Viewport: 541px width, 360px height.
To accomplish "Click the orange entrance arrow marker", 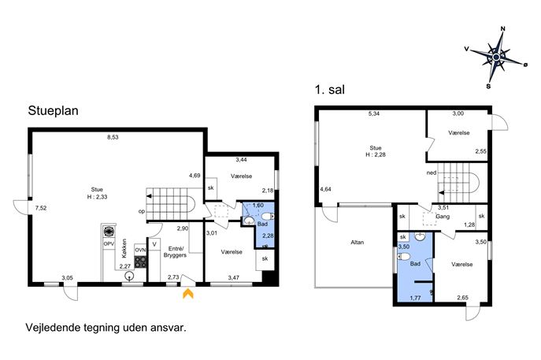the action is point(188,293).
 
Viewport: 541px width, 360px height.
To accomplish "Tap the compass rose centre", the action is point(496,57).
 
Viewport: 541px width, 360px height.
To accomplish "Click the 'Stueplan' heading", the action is point(53,111).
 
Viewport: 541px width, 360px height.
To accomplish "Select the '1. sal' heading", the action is point(330,90).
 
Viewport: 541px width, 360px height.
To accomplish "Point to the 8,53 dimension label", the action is point(113,137).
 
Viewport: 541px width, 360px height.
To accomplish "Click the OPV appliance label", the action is point(109,243).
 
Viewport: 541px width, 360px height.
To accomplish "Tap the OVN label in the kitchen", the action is point(140,250).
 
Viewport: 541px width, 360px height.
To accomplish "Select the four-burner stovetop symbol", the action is point(140,262).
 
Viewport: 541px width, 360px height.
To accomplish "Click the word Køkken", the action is point(124,248).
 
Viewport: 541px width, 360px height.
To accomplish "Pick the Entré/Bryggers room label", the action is point(175,252).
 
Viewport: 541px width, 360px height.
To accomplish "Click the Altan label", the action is point(357,243).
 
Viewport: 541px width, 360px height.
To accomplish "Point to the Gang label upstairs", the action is point(443,217).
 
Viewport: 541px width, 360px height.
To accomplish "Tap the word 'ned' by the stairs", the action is point(432,173).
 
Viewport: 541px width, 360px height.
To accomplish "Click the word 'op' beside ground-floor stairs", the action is point(142,212).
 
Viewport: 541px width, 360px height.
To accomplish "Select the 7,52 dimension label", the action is point(41,208).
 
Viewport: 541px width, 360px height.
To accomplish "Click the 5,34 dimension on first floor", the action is point(374,113).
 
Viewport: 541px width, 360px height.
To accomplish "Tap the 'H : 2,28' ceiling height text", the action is point(376,154).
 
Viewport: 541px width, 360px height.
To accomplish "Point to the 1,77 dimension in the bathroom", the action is point(416,298).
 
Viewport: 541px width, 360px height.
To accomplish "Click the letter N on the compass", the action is point(502,29).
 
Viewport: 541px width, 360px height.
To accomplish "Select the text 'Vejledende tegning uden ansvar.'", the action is point(106,327).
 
